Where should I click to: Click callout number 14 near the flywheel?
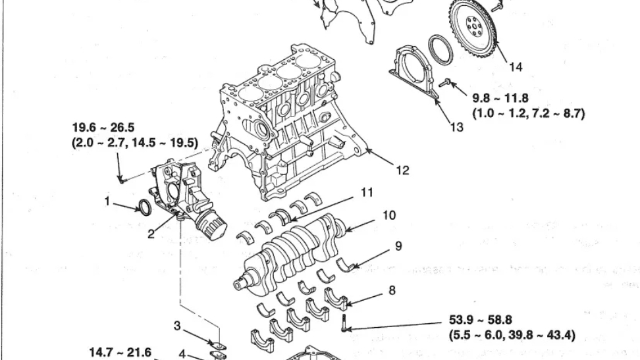click(516, 66)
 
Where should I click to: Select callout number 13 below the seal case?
click(456, 128)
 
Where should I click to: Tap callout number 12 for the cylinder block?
click(402, 170)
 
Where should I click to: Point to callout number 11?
click(367, 193)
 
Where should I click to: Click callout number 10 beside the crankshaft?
click(389, 215)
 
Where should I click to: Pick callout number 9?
click(398, 246)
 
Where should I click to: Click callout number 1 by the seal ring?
click(107, 202)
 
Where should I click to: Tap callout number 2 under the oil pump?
click(151, 234)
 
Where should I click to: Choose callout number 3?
click(177, 325)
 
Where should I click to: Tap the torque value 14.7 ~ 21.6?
click(120, 353)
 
